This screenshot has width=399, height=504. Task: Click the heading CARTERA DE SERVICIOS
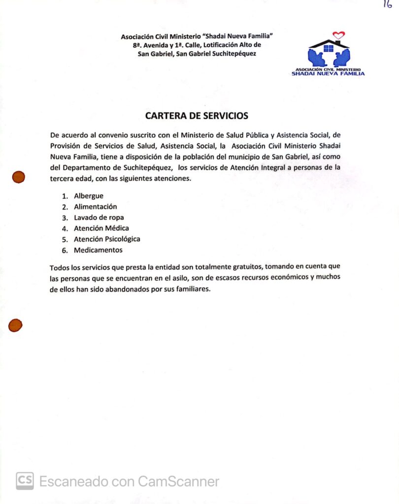(197, 116)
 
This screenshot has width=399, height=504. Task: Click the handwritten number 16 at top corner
(387, 4)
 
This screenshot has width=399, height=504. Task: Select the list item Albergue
(89, 196)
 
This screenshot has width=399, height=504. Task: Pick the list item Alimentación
(96, 207)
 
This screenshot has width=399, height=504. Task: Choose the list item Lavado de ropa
(99, 218)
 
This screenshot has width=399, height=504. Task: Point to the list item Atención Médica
(101, 228)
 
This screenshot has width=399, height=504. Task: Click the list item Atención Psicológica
(107, 239)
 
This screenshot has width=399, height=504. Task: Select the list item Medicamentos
(98, 250)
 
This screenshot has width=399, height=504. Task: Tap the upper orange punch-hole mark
(19, 177)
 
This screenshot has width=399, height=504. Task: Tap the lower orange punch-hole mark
(15, 325)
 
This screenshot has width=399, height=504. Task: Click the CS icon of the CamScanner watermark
(25, 481)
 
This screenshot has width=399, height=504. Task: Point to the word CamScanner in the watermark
(178, 481)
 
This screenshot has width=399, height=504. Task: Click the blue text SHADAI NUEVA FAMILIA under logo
(328, 74)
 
